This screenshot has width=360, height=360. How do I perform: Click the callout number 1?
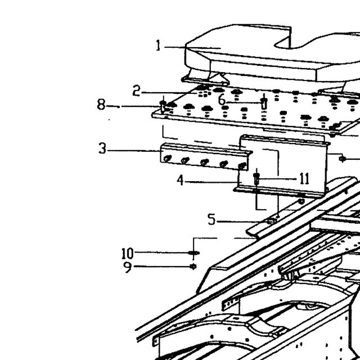[x=158, y=46]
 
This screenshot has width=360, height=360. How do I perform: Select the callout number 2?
[x=136, y=91]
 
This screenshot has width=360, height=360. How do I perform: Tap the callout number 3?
[x=102, y=148]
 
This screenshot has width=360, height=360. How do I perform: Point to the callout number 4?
[x=181, y=180]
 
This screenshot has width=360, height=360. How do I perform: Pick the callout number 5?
[x=211, y=219]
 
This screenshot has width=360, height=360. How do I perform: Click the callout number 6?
[x=222, y=100]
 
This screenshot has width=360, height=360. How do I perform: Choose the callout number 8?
[x=101, y=105]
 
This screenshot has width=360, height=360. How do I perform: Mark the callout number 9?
[x=128, y=267]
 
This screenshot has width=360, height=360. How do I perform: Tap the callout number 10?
[x=128, y=254]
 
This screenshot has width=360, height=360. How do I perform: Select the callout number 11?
[x=305, y=179]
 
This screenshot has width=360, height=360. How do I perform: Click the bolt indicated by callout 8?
[x=163, y=106]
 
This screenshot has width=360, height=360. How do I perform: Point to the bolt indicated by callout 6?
[x=264, y=103]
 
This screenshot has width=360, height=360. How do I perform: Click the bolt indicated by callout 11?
[x=256, y=179]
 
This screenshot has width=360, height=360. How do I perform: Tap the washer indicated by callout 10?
[x=193, y=253]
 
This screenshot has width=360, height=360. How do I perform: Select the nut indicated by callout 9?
[x=193, y=267]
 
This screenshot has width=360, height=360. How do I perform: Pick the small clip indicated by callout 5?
[x=272, y=221]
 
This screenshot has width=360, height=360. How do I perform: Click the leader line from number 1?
[x=192, y=48]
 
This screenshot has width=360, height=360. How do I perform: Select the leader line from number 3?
[x=134, y=151]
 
